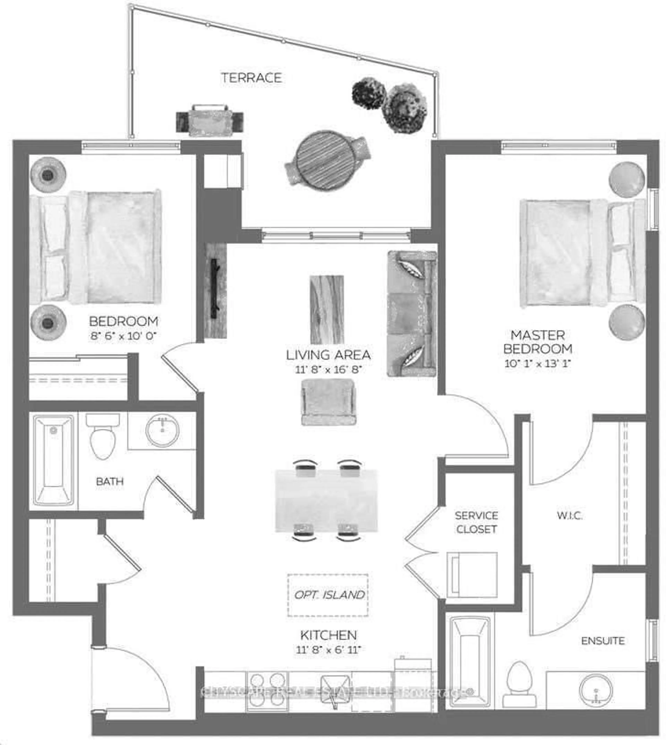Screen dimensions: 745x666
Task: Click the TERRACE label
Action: (x=251, y=78)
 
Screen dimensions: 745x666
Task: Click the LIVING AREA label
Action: (x=328, y=355)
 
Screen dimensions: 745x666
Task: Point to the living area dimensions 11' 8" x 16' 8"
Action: (x=328, y=370)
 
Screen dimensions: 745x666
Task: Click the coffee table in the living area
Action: (x=327, y=309)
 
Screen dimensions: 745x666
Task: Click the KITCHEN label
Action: (x=328, y=634)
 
